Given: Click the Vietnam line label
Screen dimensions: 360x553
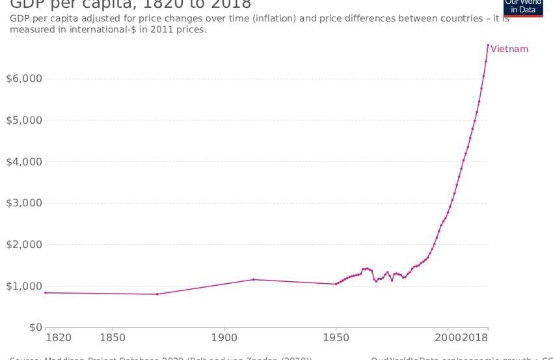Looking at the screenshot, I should point(509,49).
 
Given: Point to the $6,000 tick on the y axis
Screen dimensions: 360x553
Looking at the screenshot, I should point(23,79).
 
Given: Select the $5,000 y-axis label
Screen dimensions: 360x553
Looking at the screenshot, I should point(23,120).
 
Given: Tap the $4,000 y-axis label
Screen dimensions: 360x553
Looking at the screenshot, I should point(23,161).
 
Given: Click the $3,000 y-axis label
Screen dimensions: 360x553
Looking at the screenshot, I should point(23,203).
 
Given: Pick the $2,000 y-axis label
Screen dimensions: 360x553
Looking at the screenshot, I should point(23,245).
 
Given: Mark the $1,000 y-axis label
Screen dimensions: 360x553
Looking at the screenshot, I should point(23,286).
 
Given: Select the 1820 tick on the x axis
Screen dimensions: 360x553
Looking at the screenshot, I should point(59,339).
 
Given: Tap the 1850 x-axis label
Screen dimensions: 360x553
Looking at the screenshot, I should point(113,339).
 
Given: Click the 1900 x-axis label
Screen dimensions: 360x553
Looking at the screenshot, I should point(224,339).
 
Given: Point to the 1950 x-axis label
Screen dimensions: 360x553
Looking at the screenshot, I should point(336,339).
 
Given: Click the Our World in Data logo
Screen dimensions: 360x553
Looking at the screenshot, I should point(523,7).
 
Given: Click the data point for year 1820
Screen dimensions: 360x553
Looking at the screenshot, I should point(46,293).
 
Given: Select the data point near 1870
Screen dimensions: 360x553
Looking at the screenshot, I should point(157,294).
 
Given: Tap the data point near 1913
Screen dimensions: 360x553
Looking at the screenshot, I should point(253,279).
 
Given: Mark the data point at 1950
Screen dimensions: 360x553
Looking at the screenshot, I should point(336,284).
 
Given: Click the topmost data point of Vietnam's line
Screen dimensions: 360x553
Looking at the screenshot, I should point(488,45).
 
